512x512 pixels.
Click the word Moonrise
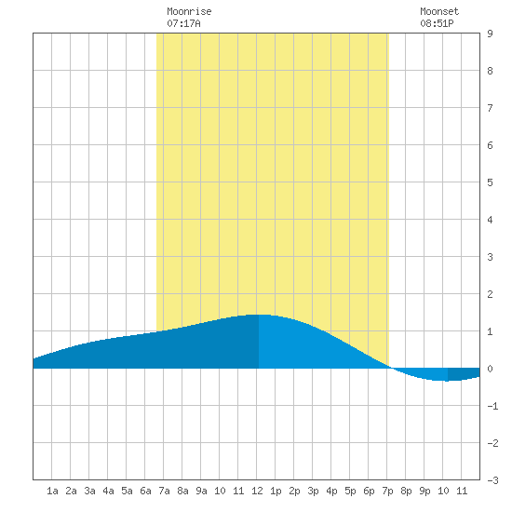point(189,11)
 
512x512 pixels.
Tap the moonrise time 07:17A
point(183,23)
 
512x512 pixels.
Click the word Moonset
point(439,11)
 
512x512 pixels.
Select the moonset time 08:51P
point(437,23)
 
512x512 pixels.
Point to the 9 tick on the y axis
point(490,34)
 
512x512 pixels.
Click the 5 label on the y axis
point(490,182)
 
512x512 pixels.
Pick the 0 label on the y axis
point(490,369)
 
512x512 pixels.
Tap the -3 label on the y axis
point(492,480)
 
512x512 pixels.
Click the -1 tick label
point(492,406)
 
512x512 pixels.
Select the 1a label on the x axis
point(52,491)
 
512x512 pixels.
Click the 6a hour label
point(145,491)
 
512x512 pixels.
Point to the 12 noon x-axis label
point(257,491)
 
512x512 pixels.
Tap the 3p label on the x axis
point(313,491)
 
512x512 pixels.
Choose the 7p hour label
point(387,491)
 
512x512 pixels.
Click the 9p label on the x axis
point(424,491)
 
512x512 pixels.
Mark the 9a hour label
point(201,491)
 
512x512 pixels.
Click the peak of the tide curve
point(259,315)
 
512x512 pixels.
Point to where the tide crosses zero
point(391,368)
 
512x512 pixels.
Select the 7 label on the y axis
point(490,108)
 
